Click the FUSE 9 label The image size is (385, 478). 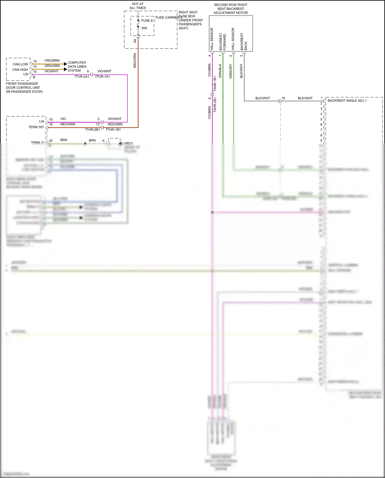[147, 21]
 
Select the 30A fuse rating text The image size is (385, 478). [144, 28]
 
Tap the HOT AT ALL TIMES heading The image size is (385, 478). [138, 6]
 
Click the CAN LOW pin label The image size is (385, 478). [20, 64]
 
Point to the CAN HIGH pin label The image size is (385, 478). [20, 70]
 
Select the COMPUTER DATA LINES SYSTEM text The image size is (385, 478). [77, 67]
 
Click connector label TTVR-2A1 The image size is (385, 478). [82, 77]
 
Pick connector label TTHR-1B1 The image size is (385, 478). [113, 130]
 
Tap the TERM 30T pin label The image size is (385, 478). [36, 127]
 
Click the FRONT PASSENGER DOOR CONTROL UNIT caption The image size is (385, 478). [24, 88]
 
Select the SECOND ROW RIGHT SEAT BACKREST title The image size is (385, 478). [230, 9]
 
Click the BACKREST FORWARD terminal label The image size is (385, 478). [223, 42]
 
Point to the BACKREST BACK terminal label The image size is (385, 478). [244, 41]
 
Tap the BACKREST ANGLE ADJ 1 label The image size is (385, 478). [347, 101]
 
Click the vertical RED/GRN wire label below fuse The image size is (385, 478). [135, 61]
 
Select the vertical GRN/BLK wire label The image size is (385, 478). [220, 71]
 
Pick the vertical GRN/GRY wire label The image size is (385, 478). [230, 71]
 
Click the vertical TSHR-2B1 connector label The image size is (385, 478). [215, 105]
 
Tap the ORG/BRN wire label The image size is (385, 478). [52, 61]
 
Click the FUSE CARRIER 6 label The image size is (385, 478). [169, 17]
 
